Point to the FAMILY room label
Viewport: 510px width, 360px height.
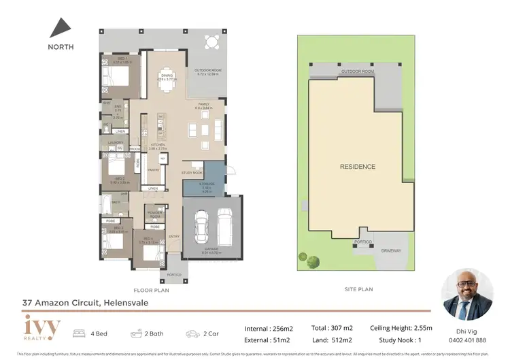tap(204, 104)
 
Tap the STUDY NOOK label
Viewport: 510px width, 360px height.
tap(192, 173)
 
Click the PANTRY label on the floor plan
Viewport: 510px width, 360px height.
tap(153, 171)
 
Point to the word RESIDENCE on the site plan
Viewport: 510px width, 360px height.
tap(358, 167)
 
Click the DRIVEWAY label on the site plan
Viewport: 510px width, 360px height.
tap(391, 250)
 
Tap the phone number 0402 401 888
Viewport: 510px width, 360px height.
tap(466, 340)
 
